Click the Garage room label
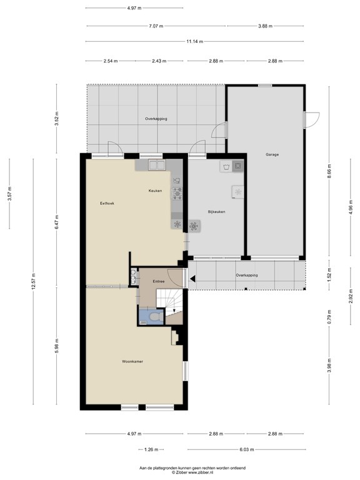[272, 154]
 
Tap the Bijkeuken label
[216, 211]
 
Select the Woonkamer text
[132, 361]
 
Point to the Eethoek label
[107, 203]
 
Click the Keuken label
[155, 191]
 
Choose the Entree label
[159, 281]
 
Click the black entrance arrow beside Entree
[193, 279]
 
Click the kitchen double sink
[157, 165]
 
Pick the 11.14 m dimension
[195, 41]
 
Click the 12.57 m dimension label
[33, 281]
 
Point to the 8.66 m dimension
[329, 171]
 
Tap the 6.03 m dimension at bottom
[247, 450]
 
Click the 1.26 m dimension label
[151, 450]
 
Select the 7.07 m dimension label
[156, 26]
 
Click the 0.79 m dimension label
[329, 317]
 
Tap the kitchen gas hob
[177, 194]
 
